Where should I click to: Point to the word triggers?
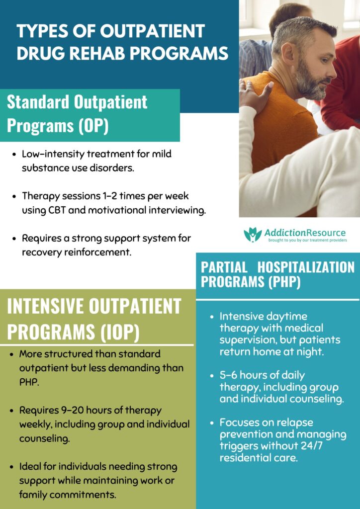[240, 446]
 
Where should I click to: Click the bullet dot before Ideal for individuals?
[12, 467]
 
